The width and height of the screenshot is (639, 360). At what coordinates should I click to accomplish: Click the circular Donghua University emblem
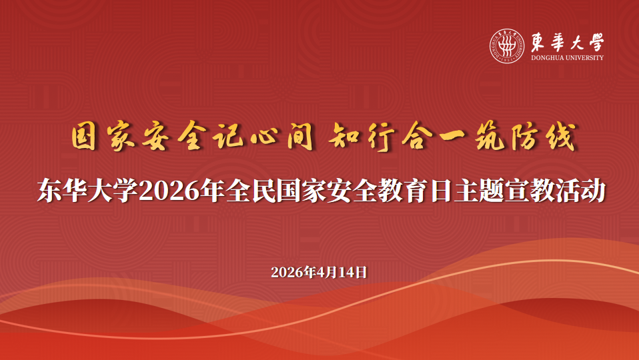pyautogui.click(x=507, y=46)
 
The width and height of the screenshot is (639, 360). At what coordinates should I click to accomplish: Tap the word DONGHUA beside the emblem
pyautogui.click(x=546, y=58)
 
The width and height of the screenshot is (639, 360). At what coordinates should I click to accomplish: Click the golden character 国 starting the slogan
pyautogui.click(x=83, y=137)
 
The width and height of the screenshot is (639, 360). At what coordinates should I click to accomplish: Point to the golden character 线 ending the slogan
pyautogui.click(x=561, y=137)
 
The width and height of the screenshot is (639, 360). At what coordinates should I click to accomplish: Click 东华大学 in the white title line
pyautogui.click(x=87, y=191)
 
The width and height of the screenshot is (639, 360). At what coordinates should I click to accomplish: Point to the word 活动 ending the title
pyautogui.click(x=580, y=191)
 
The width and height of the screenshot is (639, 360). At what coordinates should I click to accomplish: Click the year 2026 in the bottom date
pyautogui.click(x=287, y=272)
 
